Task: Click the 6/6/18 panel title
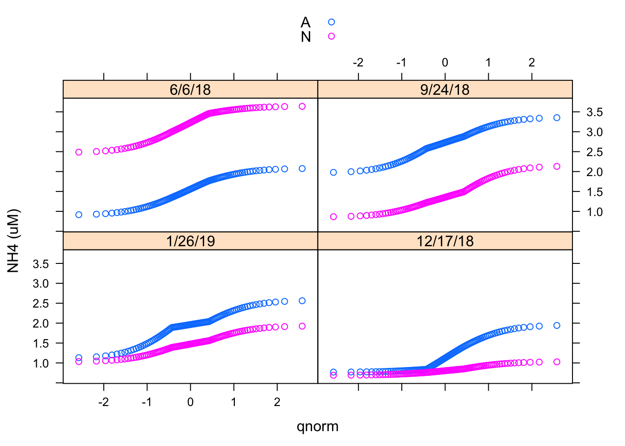[190, 89]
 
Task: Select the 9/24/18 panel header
[445, 89]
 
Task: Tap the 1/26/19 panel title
[190, 241]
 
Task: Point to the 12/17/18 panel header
[445, 241]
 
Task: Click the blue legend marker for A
[331, 22]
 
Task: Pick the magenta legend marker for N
[331, 36]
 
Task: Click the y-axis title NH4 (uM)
[13, 241]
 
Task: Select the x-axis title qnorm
[317, 426]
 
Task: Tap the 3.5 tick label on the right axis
[594, 112]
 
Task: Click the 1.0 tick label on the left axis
[41, 363]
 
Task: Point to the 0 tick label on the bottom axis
[190, 402]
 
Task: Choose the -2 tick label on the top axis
[358, 63]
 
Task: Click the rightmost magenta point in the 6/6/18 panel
[302, 106]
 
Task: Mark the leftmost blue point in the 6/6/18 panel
[79, 215]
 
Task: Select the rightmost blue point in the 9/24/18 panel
[557, 118]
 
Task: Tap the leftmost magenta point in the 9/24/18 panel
[333, 217]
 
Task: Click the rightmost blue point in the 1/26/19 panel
[302, 301]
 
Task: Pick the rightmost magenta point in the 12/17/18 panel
[557, 362]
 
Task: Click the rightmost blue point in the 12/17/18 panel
[557, 326]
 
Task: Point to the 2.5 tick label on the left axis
[41, 303]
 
